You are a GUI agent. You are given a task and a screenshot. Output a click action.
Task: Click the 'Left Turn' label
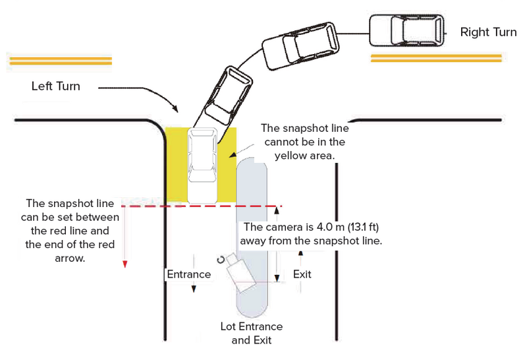coord(56,86)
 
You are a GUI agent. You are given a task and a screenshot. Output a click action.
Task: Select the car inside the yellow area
coord(202,156)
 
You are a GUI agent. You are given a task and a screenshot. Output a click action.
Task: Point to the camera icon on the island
coord(236,270)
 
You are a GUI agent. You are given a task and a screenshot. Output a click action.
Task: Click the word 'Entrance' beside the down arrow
coord(188,274)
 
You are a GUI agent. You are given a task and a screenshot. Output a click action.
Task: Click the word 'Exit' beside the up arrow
coord(302,274)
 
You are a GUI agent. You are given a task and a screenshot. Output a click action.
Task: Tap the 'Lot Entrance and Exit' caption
coord(252,334)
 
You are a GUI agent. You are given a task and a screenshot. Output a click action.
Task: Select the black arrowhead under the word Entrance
coord(194,289)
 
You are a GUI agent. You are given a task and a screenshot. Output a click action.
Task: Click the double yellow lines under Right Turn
coord(419,58)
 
